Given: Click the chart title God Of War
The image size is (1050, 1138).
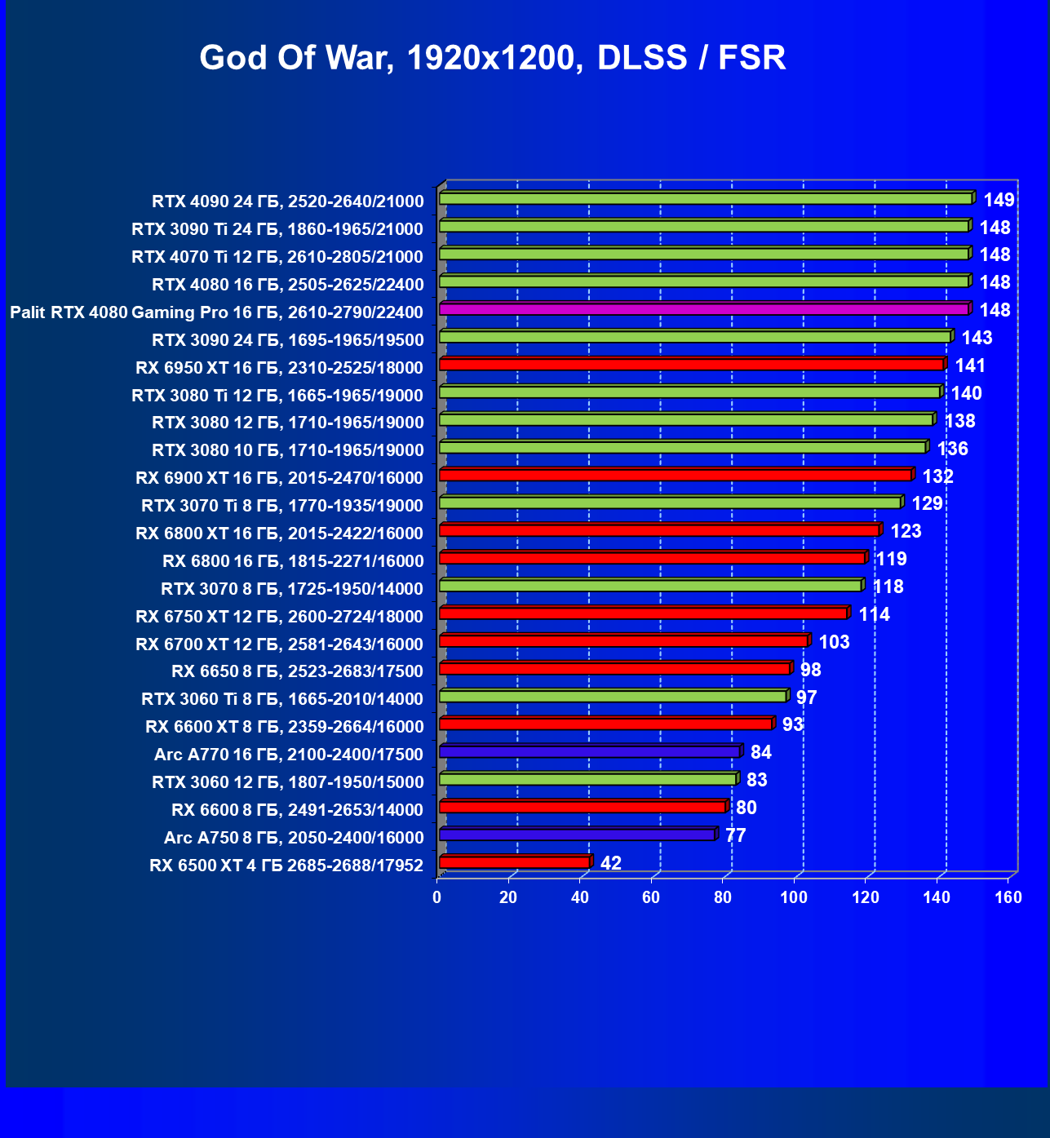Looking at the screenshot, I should [x=492, y=58].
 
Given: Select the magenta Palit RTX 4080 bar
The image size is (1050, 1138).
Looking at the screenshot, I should [x=703, y=309].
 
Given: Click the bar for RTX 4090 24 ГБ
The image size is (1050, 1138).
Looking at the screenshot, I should [x=706, y=198].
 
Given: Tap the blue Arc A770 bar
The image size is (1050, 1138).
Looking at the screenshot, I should [x=589, y=751].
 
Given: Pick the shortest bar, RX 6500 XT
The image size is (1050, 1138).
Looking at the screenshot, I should [x=514, y=862].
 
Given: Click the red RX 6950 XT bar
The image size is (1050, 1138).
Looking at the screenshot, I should [x=691, y=365].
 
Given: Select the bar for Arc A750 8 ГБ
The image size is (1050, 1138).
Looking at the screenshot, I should [x=577, y=835].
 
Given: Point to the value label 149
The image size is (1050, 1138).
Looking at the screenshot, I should [x=999, y=200].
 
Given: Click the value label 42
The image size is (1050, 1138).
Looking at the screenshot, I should [x=610, y=863].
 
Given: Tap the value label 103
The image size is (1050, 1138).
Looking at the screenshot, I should [x=834, y=642].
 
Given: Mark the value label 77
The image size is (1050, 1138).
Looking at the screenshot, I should [x=735, y=835].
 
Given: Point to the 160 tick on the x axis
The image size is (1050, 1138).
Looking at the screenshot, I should [x=1008, y=898].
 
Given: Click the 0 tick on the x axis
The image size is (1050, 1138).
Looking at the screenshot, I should [x=437, y=898].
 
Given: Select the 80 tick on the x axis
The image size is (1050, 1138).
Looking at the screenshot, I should [x=723, y=898].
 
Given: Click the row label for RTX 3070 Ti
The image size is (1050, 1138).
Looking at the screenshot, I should [x=282, y=506].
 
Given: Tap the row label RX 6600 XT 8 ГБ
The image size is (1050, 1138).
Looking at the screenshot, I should [x=285, y=727].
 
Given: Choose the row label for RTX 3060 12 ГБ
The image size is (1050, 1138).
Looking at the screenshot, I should [x=287, y=782].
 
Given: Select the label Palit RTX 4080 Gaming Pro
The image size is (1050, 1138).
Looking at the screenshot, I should [x=216, y=312].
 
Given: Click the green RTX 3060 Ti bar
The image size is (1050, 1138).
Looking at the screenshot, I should [x=613, y=696].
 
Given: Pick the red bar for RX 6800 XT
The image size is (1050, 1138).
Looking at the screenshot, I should [x=659, y=530].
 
